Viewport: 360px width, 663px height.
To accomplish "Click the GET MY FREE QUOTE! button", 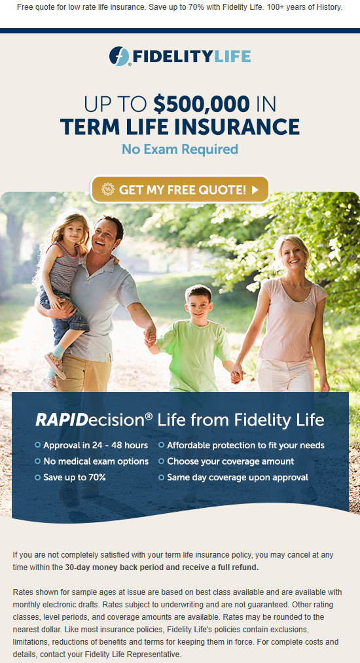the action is pyautogui.click(x=180, y=189).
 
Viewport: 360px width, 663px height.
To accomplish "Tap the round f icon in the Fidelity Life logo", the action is pyautogui.click(x=119, y=56).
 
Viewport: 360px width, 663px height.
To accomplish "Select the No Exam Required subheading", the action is pyautogui.click(x=180, y=149).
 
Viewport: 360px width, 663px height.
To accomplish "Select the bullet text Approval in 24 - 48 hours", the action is pyautogui.click(x=96, y=445).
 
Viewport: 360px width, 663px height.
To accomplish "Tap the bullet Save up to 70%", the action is pyautogui.click(x=75, y=477).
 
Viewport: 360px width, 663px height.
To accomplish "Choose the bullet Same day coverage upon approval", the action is pyautogui.click(x=238, y=477).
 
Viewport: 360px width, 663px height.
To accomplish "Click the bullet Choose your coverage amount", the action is pyautogui.click(x=230, y=461).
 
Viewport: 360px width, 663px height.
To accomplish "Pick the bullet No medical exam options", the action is pyautogui.click(x=96, y=461).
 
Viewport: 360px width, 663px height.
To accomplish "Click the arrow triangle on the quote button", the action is pyautogui.click(x=255, y=190).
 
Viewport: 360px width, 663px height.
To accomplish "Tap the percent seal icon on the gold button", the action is pyautogui.click(x=108, y=189).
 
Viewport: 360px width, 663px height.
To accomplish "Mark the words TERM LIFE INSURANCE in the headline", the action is pyautogui.click(x=180, y=127).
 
